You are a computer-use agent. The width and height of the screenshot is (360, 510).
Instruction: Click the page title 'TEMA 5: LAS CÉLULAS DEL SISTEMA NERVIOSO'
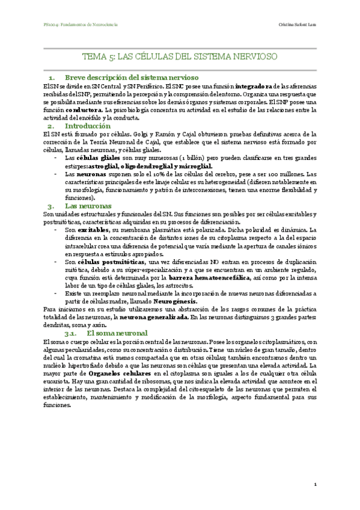coord(180,57)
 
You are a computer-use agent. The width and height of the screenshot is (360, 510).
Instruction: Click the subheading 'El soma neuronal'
coord(117,333)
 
